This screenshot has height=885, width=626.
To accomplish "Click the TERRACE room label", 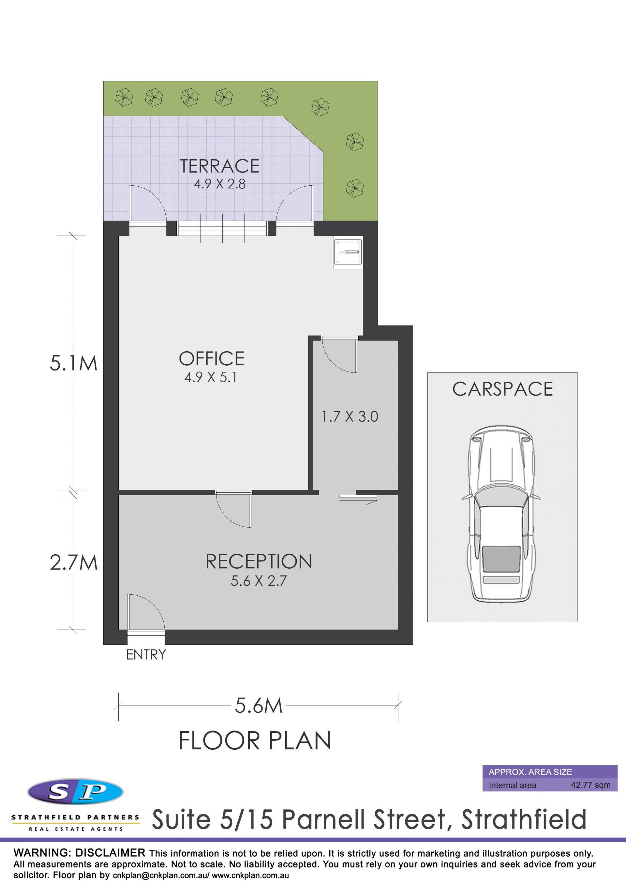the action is point(220,166).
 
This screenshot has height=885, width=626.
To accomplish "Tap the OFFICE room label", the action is point(211,359).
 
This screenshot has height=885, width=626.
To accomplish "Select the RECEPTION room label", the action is point(259,562).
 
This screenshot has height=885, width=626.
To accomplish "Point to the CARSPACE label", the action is point(502,389).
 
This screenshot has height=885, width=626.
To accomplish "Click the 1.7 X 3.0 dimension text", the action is point(350,417).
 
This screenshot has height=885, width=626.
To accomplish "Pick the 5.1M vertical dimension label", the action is point(73,364).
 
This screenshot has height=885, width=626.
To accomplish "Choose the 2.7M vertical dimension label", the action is point(73,563).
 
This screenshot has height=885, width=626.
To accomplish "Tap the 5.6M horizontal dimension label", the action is point(259,706).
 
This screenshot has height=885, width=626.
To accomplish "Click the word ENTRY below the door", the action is point(146,655).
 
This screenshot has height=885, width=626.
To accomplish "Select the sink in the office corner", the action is point(348,252).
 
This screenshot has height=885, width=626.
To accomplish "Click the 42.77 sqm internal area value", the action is point(590,785).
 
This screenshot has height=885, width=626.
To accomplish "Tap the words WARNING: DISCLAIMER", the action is point(80,853).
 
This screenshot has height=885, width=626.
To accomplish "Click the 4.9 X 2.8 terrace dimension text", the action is point(220,184).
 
